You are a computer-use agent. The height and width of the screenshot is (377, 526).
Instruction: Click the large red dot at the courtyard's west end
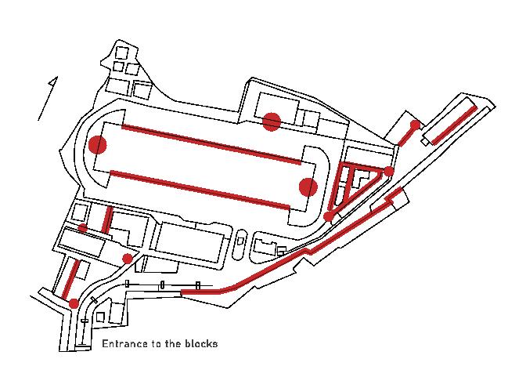(98, 145)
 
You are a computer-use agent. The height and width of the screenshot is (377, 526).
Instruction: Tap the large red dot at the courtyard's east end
(308, 187)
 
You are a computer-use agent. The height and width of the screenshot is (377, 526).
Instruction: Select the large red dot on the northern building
(272, 121)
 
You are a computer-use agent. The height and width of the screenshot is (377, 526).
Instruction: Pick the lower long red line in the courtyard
(200, 189)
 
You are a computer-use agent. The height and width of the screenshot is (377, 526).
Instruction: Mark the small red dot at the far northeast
(415, 125)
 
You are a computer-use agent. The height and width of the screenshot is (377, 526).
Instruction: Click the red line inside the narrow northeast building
(452, 125)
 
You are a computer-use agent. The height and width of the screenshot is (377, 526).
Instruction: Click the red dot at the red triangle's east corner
(389, 171)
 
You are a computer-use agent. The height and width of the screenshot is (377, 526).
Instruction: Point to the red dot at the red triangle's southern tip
(330, 216)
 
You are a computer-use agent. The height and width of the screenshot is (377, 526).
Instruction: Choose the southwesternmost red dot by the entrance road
(74, 303)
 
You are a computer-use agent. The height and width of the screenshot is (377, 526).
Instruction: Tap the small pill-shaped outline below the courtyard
(240, 243)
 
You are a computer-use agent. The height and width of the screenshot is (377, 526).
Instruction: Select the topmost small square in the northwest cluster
(121, 53)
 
